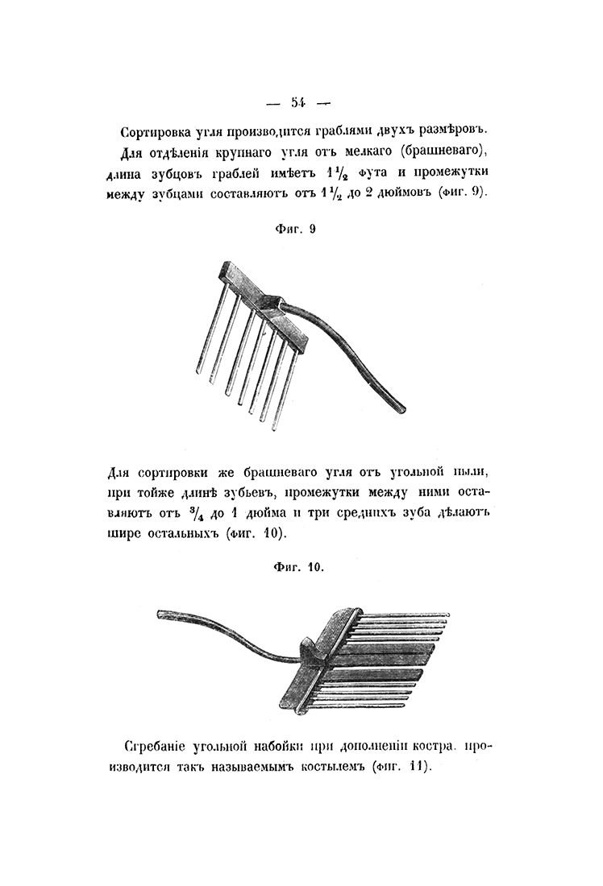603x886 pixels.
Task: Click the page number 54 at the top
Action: pyautogui.click(x=297, y=101)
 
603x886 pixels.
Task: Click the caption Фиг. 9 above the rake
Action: pyautogui.click(x=296, y=230)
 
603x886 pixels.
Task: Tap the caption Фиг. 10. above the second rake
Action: pyautogui.click(x=296, y=568)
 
